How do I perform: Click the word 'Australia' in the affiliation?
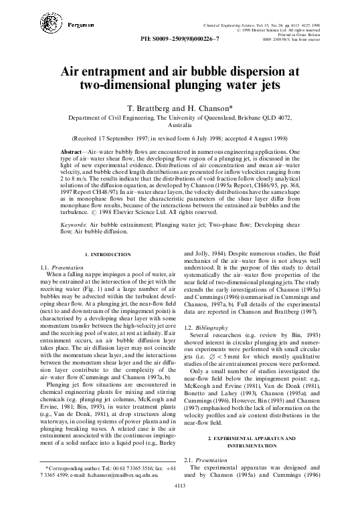tap(179, 124)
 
